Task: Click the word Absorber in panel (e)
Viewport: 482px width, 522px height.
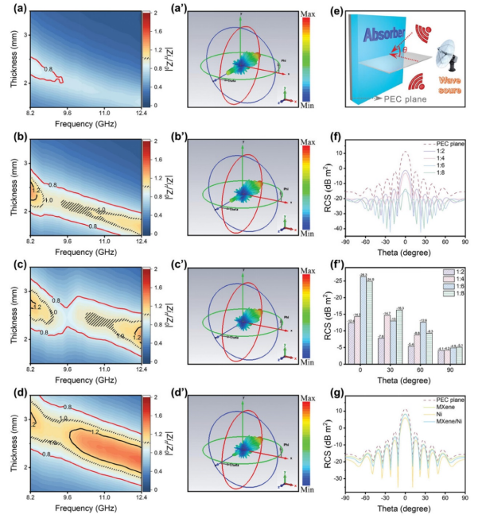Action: point(373,36)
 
